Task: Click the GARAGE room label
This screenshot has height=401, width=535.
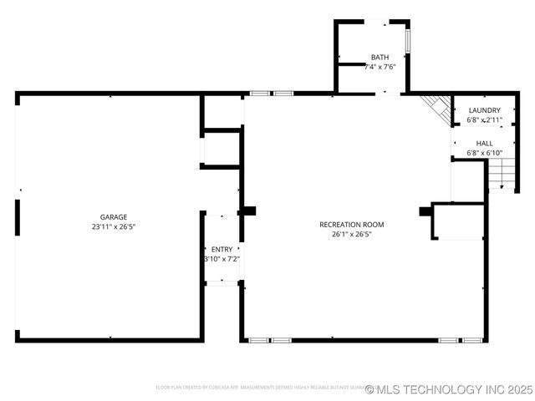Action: (114, 217)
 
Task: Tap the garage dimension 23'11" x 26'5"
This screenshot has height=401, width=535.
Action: (114, 226)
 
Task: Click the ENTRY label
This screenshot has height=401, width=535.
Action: (222, 249)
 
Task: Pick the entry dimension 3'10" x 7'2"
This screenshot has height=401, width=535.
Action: (222, 259)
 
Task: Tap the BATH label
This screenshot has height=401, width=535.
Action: (380, 57)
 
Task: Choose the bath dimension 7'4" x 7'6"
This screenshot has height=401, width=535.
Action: (380, 67)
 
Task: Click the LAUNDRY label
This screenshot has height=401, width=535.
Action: (484, 110)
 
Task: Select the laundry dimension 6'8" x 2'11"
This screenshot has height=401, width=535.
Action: (484, 120)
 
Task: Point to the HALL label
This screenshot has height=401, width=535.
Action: (484, 143)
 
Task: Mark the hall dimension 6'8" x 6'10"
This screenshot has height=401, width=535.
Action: (484, 153)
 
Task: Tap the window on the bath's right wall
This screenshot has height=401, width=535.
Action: (408, 40)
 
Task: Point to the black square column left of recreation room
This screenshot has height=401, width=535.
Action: (249, 211)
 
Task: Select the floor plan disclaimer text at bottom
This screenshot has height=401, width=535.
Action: (259, 388)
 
